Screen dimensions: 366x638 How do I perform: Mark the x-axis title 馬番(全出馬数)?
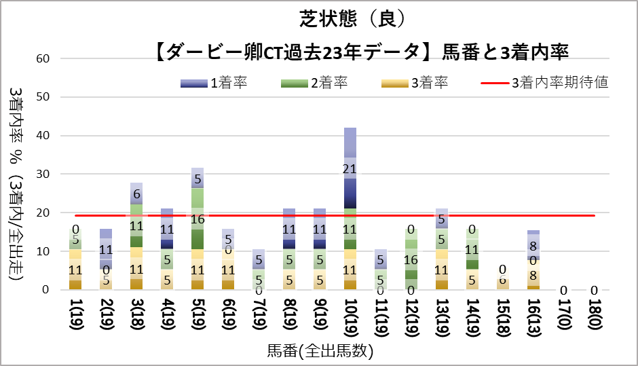320,351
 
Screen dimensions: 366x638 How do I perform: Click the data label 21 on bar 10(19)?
350,168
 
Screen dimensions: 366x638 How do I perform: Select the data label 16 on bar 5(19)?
198,219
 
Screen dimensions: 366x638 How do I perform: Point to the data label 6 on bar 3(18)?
136,194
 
